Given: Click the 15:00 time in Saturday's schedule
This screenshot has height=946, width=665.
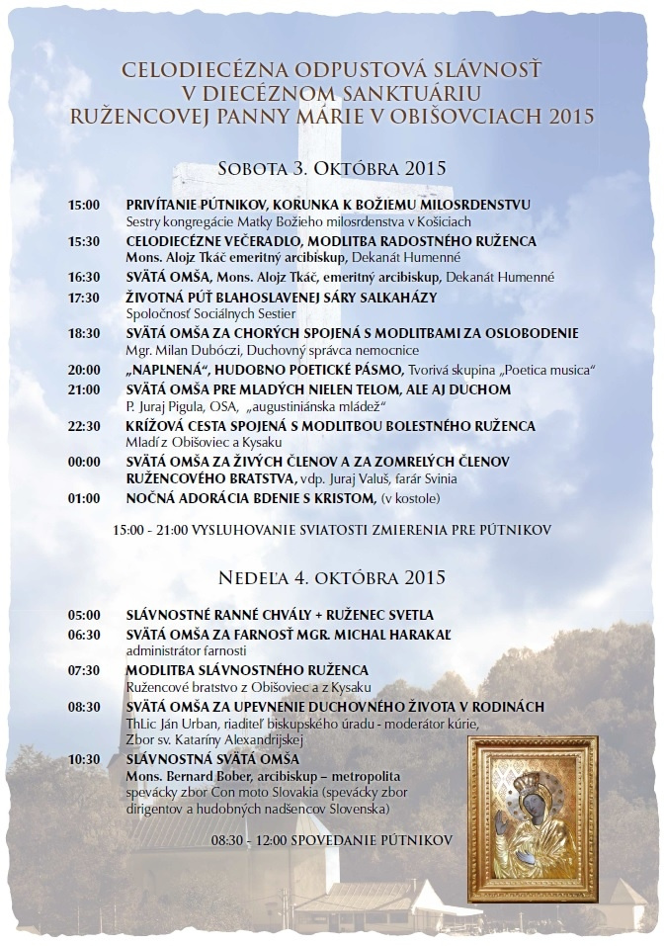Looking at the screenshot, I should pyautogui.click(x=84, y=205).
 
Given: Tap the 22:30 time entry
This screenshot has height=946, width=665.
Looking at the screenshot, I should pyautogui.click(x=84, y=426).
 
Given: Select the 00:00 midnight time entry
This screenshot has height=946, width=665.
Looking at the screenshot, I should pyautogui.click(x=84, y=463).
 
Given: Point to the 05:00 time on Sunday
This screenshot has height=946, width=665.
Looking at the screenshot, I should pyautogui.click(x=84, y=615).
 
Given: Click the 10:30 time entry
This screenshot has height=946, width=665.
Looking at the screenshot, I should pyautogui.click(x=84, y=759).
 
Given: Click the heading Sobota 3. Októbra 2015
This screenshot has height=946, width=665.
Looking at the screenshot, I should pyautogui.click(x=332, y=168).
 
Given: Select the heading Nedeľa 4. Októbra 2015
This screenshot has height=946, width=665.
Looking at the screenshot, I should pyautogui.click(x=332, y=576).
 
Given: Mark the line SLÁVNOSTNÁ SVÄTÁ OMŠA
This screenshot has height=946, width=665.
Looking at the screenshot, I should pyautogui.click(x=212, y=759).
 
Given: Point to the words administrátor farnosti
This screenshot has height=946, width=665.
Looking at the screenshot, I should pyautogui.click(x=175, y=651).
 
